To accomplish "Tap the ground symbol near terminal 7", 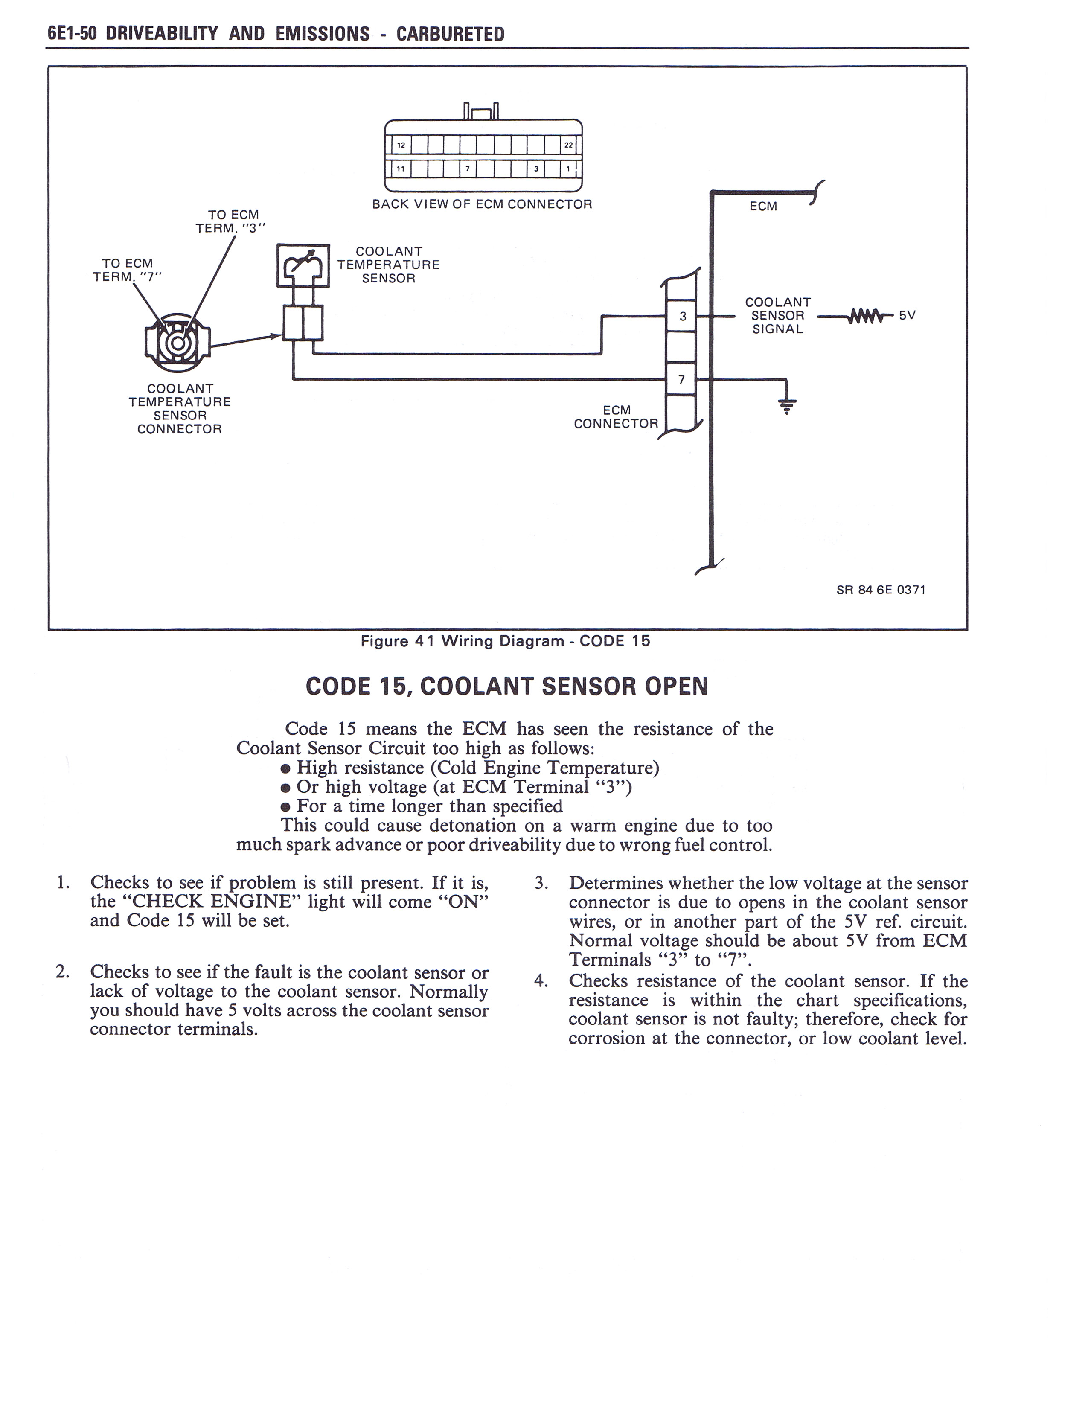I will point(786,405).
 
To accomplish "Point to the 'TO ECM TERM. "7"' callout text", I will point(128,270).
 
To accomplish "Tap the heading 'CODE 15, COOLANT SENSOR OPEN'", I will point(506,686).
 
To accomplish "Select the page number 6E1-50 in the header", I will point(72,34).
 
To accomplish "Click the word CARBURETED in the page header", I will point(450,34).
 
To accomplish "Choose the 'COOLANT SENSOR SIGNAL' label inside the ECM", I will point(777,316).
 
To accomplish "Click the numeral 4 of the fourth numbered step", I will point(541,981).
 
